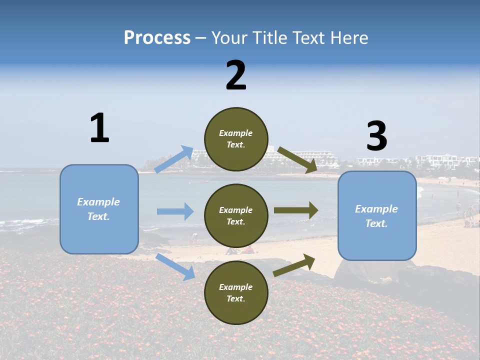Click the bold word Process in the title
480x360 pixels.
click(157, 38)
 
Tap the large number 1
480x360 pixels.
click(99, 128)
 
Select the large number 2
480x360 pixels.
click(236, 75)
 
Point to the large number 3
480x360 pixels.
click(376, 136)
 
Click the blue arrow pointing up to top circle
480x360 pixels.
click(174, 159)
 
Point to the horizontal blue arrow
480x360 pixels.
click(175, 211)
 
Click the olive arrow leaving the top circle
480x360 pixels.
click(297, 160)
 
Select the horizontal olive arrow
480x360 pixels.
click(296, 210)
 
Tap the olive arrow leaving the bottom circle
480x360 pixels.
click(294, 265)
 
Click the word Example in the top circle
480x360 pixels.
click(236, 133)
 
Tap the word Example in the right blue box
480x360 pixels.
click(376, 209)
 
